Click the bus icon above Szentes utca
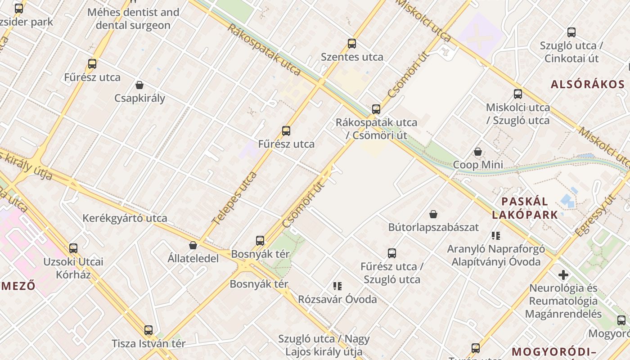click(352, 44)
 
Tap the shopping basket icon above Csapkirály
click(139, 85)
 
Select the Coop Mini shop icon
click(478, 152)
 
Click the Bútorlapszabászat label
click(433, 227)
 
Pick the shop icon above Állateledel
click(193, 245)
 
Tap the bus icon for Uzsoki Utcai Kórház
click(73, 248)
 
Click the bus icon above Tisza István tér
click(148, 330)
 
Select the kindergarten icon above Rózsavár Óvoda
click(337, 286)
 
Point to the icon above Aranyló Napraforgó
click(496, 235)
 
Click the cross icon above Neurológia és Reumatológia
click(563, 274)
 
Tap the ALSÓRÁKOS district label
click(588, 84)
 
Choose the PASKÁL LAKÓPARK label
click(525, 208)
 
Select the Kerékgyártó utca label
click(125, 218)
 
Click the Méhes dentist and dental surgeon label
click(133, 18)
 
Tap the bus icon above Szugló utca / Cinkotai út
click(571, 32)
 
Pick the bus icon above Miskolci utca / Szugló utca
click(518, 94)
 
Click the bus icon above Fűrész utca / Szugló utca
click(392, 253)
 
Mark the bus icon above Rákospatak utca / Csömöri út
click(376, 109)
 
